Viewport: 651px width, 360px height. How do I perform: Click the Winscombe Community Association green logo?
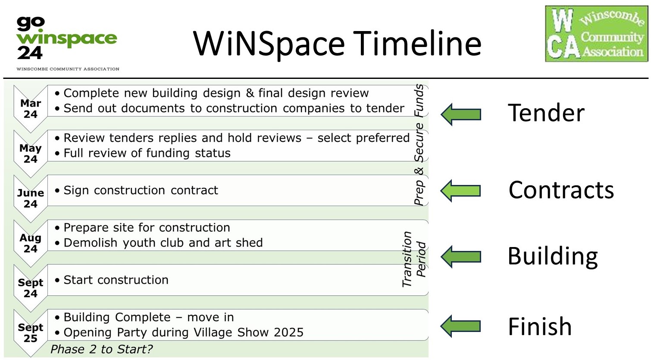pos(596,34)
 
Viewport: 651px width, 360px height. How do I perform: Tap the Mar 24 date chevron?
pos(31,109)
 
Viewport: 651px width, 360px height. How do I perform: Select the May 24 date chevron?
pos(31,154)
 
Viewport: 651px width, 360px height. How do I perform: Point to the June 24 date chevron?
pos(31,198)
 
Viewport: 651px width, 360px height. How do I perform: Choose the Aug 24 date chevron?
pos(31,243)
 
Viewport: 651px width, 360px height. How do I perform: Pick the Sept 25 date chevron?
pos(31,333)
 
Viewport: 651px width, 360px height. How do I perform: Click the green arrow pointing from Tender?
pos(461,114)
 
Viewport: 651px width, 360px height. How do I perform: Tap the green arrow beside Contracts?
pos(461,191)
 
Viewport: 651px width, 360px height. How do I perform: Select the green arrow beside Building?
pos(461,257)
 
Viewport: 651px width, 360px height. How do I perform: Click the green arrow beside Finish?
pos(461,326)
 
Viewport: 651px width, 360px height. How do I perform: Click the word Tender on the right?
pos(546,113)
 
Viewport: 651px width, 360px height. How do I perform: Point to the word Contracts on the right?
pos(561,190)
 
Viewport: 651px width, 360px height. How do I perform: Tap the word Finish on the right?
pos(540,326)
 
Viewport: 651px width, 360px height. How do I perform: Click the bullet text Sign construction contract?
pos(141,191)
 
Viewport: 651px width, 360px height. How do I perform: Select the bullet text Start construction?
pos(116,280)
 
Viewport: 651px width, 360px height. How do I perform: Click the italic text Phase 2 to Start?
pos(101,349)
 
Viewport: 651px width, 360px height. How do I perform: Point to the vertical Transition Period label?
pos(413,259)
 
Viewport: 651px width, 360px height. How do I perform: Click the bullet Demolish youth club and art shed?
pos(163,243)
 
